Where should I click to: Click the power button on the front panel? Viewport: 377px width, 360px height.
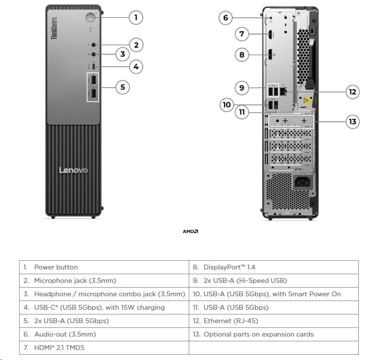(x=91, y=17)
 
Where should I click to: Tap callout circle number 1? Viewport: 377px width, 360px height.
(x=136, y=18)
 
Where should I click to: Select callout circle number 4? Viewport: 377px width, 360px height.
(x=136, y=66)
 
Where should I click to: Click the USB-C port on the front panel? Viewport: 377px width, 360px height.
(x=93, y=66)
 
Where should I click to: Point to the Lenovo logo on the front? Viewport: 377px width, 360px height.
(x=73, y=170)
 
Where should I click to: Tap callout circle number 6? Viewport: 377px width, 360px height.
(x=226, y=18)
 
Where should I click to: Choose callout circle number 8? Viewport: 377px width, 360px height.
(x=241, y=55)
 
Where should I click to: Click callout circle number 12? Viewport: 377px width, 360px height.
(x=353, y=92)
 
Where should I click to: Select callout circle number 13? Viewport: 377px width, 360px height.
(x=353, y=121)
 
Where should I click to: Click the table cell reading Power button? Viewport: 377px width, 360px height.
(x=104, y=267)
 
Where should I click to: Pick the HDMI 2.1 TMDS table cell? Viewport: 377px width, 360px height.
(x=104, y=348)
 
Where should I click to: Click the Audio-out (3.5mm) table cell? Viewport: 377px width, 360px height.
(x=104, y=334)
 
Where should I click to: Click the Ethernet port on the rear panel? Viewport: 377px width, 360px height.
(x=283, y=91)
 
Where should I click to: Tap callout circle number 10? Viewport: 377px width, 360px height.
(x=226, y=104)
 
